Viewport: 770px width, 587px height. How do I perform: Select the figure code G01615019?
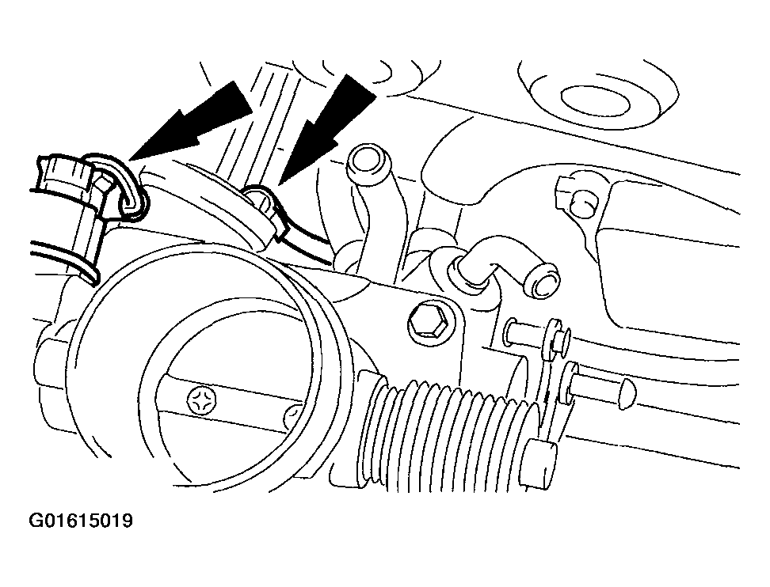[81, 520]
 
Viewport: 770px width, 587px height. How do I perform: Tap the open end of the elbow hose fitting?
[542, 282]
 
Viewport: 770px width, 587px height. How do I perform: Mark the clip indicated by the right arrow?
[265, 211]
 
